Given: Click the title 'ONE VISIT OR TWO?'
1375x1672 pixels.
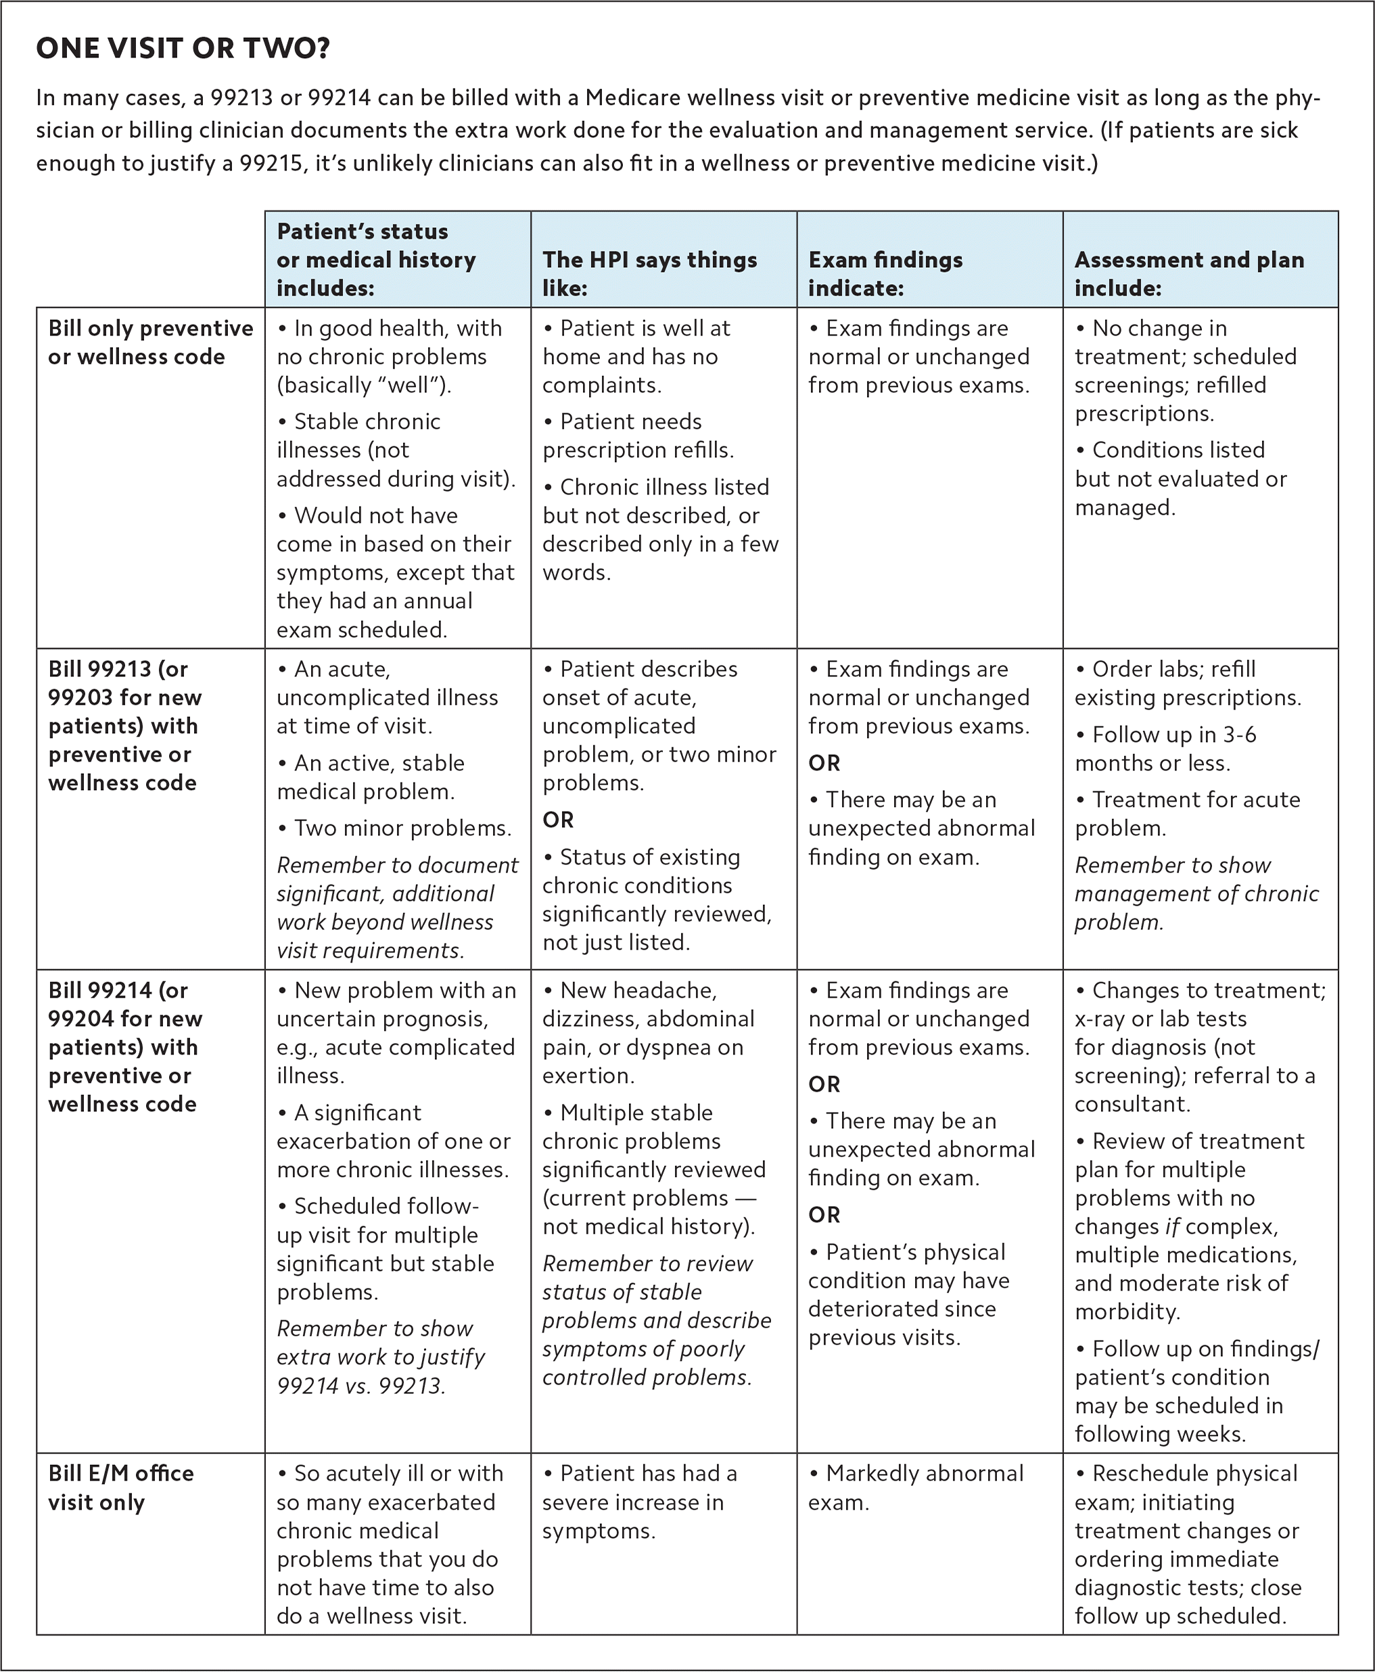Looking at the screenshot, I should [183, 49].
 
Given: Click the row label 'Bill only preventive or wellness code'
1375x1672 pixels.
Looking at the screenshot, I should [151, 342].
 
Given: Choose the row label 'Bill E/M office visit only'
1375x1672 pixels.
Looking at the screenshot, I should [120, 1487].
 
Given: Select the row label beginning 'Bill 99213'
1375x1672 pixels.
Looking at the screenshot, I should [125, 726].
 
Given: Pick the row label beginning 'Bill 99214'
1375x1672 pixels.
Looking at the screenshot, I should [125, 1046].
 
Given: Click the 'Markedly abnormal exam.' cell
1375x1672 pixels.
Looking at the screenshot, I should [916, 1487].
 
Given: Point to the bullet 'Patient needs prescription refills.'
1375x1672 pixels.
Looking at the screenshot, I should [638, 436].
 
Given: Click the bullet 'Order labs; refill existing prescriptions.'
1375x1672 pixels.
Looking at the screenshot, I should [1188, 682].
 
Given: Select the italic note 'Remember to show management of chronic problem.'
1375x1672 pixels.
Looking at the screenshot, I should [1196, 893].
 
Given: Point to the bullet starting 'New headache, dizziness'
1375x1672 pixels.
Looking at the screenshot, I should [648, 1032].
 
